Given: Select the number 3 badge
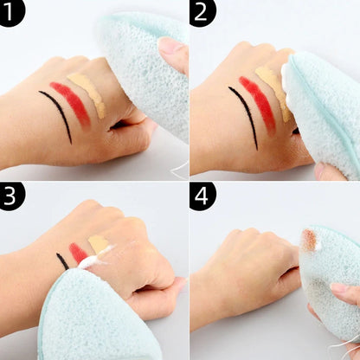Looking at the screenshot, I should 13,197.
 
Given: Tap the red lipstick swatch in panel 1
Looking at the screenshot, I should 71,101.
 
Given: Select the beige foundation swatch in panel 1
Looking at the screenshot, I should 88,93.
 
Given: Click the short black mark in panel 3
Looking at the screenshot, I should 61,260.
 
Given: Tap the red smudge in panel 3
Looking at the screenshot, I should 78,253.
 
